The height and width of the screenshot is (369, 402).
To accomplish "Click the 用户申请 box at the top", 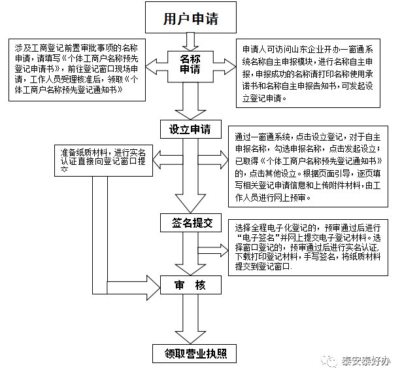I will pos(190,19).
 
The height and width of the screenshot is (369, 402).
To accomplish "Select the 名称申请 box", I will pos(190,64).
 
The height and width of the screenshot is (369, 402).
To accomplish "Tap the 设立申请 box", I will pos(190,128).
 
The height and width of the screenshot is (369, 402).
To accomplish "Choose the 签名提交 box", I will pos(190,222).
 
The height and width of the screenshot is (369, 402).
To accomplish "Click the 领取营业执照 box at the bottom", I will pos(190,354).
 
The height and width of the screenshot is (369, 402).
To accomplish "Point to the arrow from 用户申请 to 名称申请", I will pos(190,41).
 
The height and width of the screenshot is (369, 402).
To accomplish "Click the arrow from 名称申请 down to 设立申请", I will pos(190,98).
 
